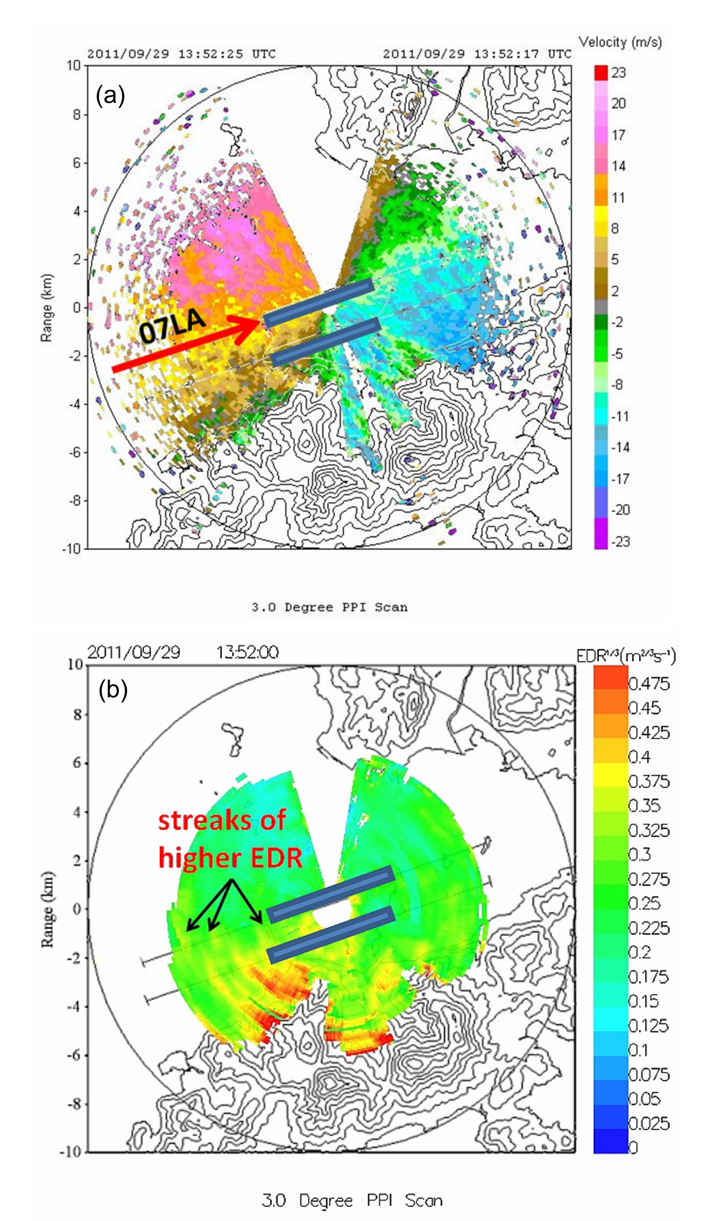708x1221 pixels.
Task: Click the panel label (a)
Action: (111, 95)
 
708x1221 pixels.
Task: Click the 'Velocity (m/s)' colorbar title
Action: (620, 42)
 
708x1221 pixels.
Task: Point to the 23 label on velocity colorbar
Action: (618, 73)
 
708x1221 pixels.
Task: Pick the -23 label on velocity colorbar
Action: (620, 541)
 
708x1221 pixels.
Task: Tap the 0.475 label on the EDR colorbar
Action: (649, 684)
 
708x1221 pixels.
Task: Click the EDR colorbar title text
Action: (625, 656)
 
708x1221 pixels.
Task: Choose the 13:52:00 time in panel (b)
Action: (247, 652)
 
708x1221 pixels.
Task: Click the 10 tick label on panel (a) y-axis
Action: (74, 65)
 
